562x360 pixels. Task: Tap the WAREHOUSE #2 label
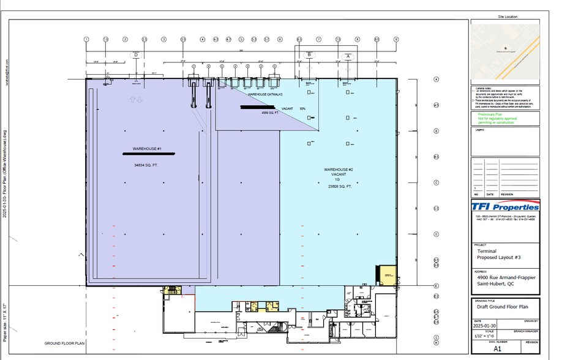(339, 168)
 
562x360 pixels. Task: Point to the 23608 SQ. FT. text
(339, 186)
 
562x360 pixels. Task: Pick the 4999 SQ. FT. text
(270, 113)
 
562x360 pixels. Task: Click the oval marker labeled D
(135, 54)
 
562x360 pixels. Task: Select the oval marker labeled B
(310, 54)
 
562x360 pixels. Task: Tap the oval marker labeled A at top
(348, 56)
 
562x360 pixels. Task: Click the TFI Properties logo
(505, 206)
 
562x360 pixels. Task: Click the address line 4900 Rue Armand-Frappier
(506, 277)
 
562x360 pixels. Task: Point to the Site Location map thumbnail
(505, 53)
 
